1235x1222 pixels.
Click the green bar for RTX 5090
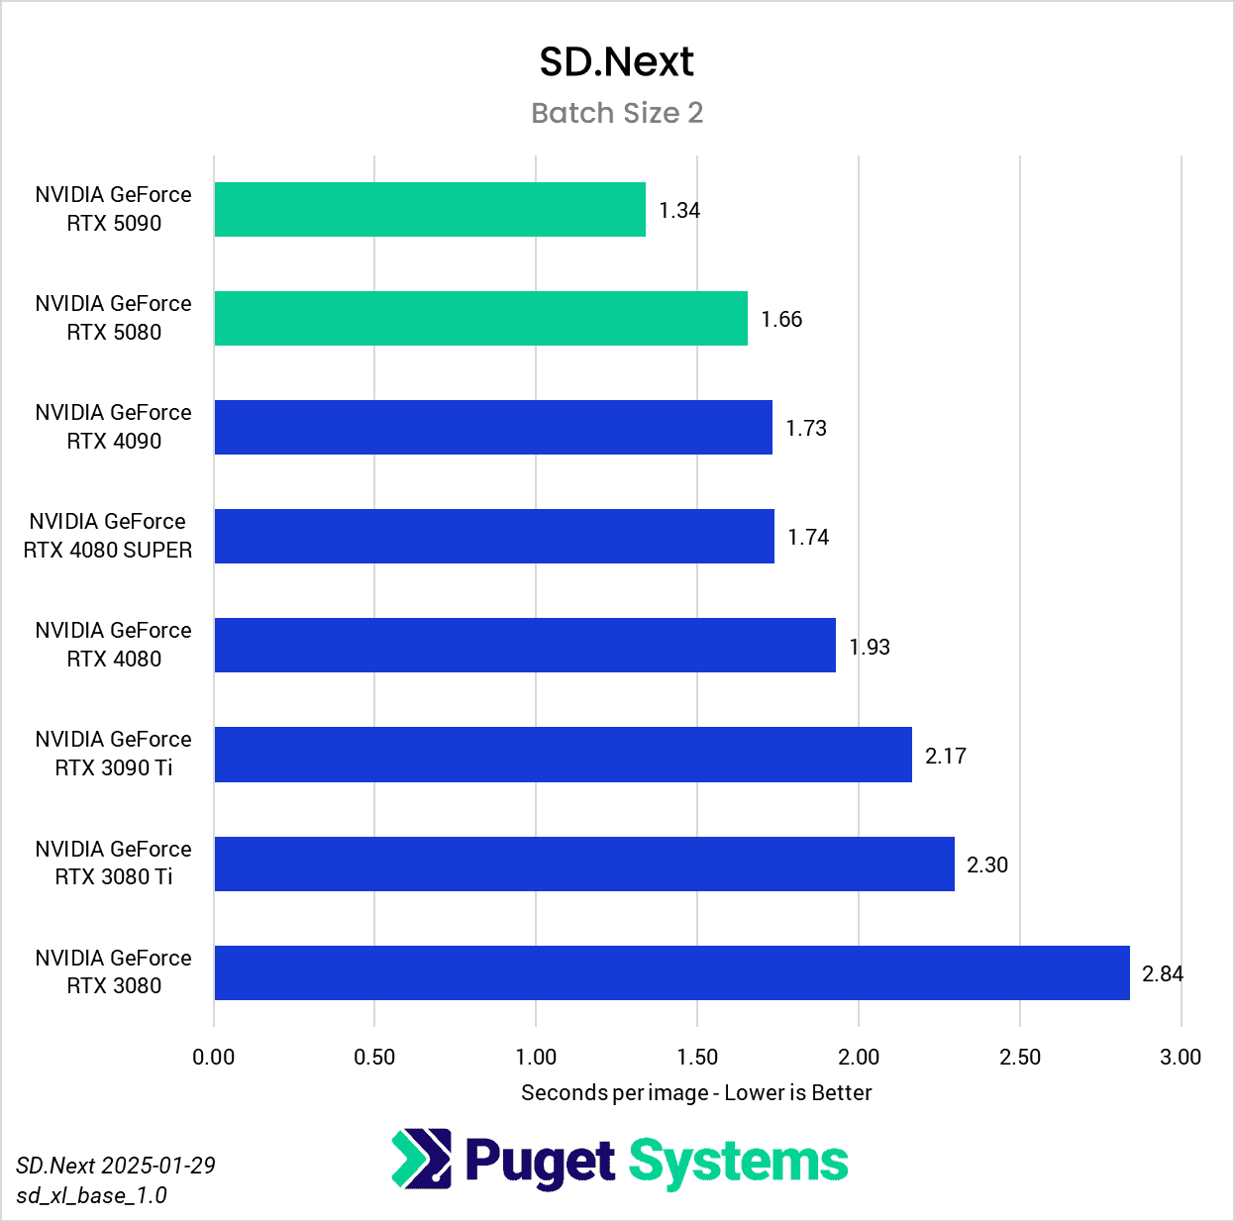(430, 209)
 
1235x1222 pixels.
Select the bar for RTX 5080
(480, 318)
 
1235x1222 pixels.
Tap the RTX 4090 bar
(493, 427)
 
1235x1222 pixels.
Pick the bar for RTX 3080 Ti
(584, 864)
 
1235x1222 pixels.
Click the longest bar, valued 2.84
(671, 972)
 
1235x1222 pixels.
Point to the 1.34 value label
(679, 210)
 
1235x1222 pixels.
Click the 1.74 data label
(808, 537)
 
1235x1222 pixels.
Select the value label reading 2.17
(946, 756)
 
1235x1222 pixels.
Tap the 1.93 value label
(870, 647)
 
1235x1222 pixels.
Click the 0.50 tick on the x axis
(374, 1057)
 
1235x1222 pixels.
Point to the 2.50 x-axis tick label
(1020, 1057)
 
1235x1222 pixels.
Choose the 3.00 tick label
(1181, 1057)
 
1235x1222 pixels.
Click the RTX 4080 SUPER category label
(108, 536)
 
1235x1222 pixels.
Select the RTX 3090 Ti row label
(113, 754)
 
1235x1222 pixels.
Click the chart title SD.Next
(616, 62)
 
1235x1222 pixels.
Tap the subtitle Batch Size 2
(617, 113)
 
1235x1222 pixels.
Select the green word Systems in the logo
(738, 1161)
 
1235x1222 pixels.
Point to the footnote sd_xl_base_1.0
(91, 1195)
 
